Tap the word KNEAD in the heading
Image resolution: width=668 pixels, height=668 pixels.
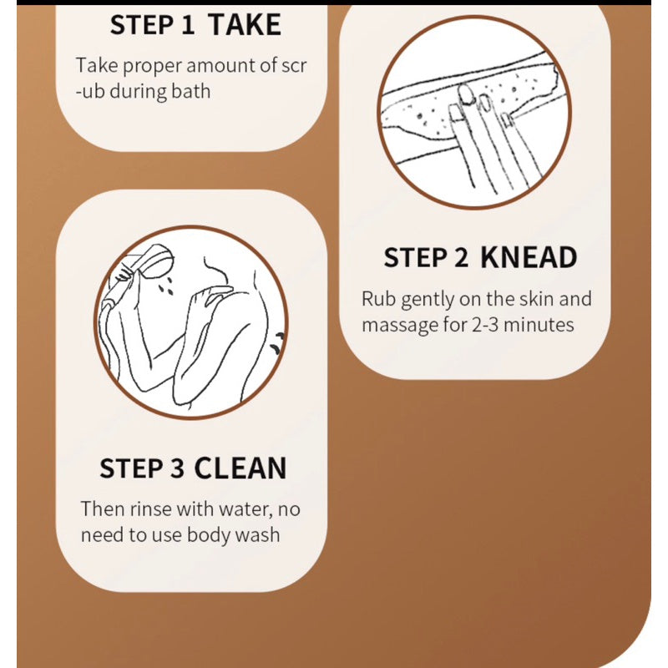(x=528, y=258)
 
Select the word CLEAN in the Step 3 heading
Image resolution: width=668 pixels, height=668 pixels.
(x=240, y=468)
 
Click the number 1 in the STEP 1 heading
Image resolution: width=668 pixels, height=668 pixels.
(x=187, y=24)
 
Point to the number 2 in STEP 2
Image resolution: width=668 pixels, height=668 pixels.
(x=461, y=258)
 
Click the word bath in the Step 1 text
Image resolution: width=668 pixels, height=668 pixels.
(x=190, y=91)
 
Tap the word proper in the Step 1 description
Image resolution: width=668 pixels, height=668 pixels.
(x=145, y=66)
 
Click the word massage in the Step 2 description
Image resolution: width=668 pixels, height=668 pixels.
(x=397, y=324)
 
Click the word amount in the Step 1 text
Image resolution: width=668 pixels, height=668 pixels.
(x=215, y=66)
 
